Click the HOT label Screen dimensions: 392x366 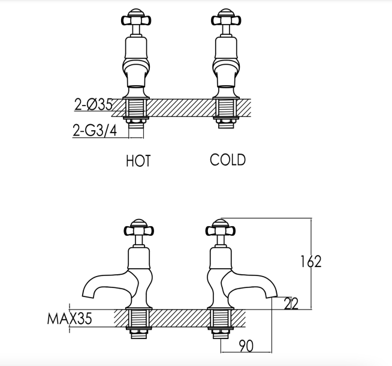[x=138, y=161]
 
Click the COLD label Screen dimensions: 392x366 [x=228, y=160]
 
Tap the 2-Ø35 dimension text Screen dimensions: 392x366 [x=94, y=104]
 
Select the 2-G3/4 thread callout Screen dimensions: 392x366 [x=95, y=130]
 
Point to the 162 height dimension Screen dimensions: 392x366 [x=310, y=262]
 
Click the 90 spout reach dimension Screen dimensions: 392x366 [x=246, y=346]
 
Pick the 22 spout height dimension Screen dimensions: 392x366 [x=291, y=303]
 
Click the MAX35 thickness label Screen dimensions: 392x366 [x=70, y=319]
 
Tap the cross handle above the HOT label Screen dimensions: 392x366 [x=136, y=19]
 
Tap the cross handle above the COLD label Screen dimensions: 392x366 [x=226, y=19]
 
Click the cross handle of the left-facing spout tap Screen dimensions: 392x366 [x=138, y=229]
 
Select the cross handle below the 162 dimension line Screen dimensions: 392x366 [x=220, y=229]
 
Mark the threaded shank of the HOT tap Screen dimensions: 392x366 [x=136, y=108]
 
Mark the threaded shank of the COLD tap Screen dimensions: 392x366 [x=226, y=108]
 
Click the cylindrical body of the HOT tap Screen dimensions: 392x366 [x=135, y=48]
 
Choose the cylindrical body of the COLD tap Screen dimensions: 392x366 [x=225, y=48]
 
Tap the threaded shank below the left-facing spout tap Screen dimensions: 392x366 [x=138, y=318]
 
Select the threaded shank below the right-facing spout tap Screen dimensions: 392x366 [x=220, y=318]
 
